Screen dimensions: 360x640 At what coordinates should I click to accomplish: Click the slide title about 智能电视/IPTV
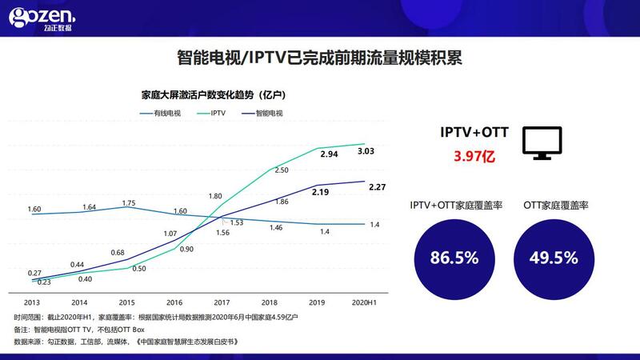coord(319,58)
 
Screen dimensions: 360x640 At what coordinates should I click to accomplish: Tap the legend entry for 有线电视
coord(160,114)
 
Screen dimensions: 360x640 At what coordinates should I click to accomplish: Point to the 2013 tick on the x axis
coord(32,303)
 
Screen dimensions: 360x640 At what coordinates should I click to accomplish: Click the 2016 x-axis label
coord(174,303)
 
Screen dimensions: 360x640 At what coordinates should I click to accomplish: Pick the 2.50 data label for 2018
coord(282,170)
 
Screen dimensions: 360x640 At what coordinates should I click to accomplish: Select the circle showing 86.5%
coord(454,258)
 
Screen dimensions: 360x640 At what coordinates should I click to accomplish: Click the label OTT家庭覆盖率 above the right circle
coord(554,206)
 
